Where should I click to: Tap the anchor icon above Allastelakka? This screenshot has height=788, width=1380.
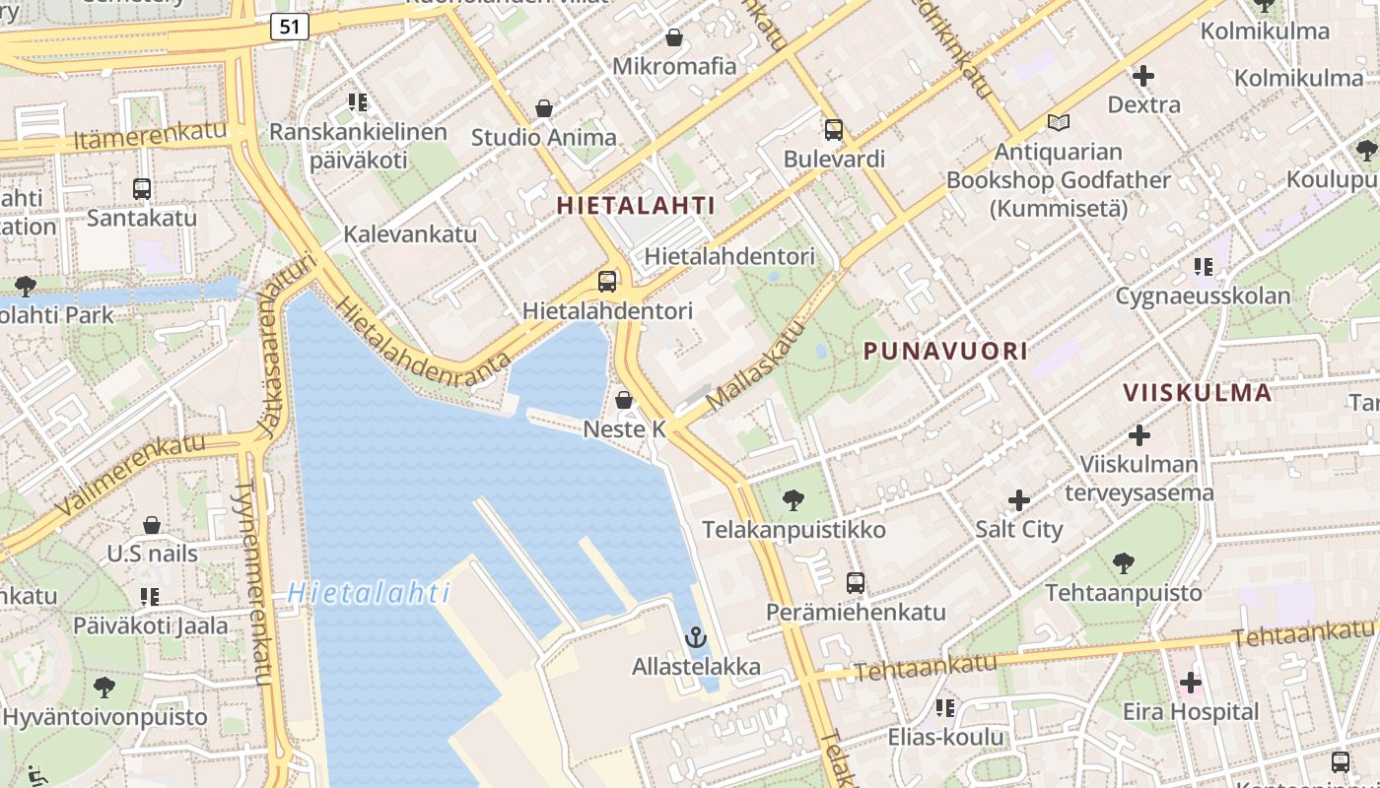[x=696, y=637]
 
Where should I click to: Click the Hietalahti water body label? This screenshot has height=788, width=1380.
[x=370, y=593]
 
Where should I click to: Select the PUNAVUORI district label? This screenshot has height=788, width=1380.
[x=945, y=351]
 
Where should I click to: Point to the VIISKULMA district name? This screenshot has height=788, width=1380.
[x=1198, y=392]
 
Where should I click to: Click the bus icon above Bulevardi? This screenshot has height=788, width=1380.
[x=834, y=130]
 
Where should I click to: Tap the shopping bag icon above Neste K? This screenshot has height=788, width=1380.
[x=624, y=400]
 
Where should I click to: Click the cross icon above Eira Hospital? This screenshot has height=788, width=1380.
[x=1190, y=682]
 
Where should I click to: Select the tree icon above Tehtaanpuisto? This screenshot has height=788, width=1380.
[x=1123, y=563]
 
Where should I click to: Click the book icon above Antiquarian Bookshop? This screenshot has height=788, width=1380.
[x=1059, y=123]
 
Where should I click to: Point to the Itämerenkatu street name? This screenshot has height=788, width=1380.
[x=150, y=136]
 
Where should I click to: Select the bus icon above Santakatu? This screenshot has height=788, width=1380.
[x=142, y=188]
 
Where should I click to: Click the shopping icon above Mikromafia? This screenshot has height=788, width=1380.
[x=674, y=37]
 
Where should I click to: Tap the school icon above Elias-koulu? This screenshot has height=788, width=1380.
[x=945, y=707]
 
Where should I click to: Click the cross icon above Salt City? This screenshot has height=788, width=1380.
[x=1019, y=500]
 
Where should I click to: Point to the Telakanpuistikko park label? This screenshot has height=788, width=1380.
[x=793, y=530]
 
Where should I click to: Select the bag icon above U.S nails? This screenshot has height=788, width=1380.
[x=152, y=525]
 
